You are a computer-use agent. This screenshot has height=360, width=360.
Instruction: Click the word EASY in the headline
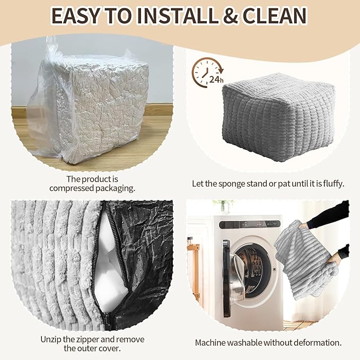click(75, 15)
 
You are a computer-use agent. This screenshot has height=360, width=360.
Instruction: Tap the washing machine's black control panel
click(250, 224)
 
